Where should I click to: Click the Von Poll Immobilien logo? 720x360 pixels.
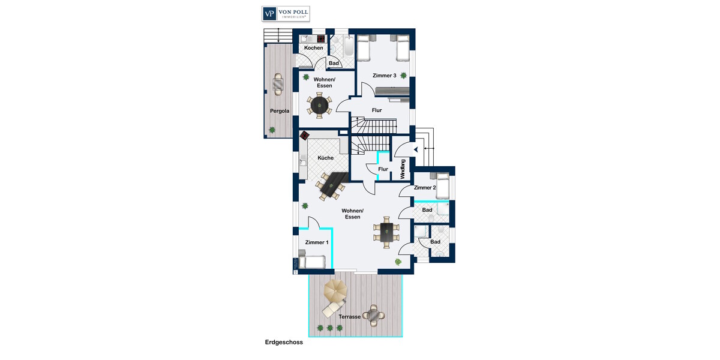[285, 14]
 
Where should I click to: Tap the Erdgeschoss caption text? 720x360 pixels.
[284, 343]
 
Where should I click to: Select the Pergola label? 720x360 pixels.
[280, 111]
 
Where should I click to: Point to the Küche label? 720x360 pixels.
[325, 158]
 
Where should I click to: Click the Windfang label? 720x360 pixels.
[403, 169]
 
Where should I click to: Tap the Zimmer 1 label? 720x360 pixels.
[317, 242]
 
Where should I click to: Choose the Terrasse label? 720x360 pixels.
[349, 316]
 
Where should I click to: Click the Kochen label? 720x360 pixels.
[313, 48]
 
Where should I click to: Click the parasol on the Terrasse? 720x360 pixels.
[335, 292]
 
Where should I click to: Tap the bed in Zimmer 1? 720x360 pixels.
[312, 262]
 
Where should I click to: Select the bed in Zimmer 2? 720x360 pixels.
[443, 185]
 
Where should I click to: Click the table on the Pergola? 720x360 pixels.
[278, 85]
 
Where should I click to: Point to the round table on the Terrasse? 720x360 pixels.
[375, 314]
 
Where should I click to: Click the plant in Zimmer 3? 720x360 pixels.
[404, 76]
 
